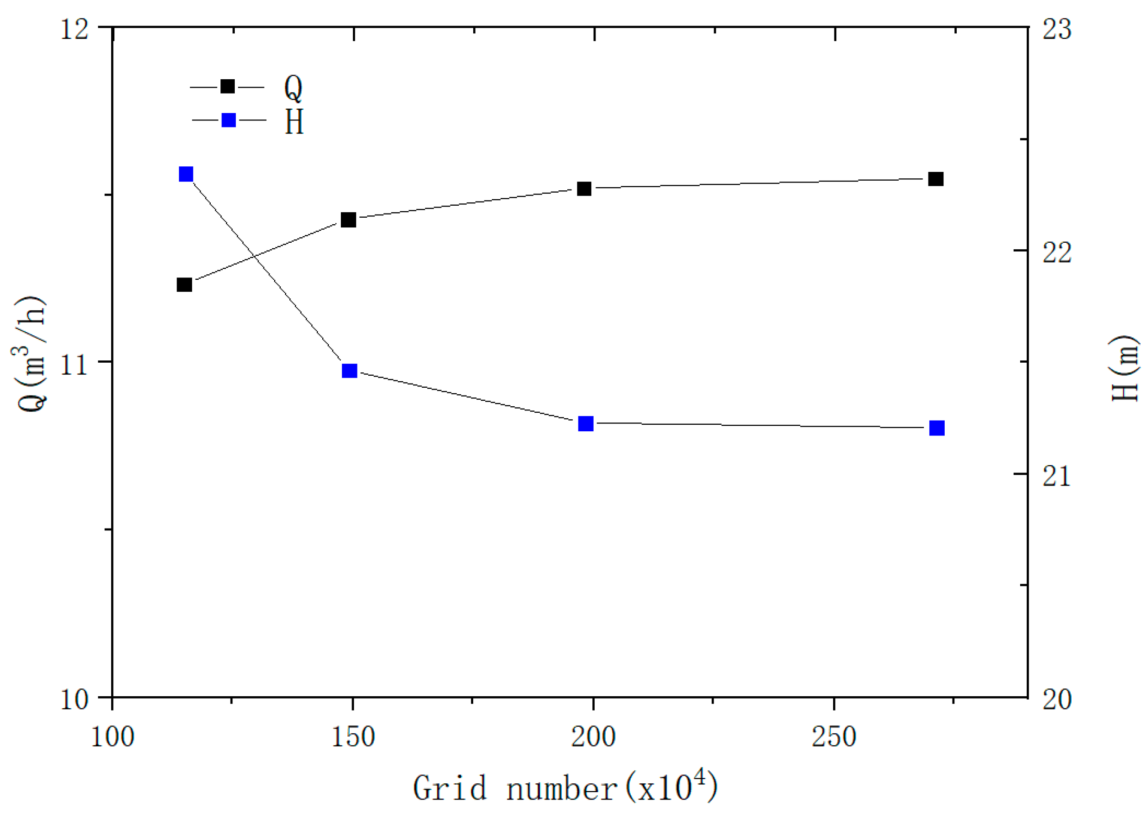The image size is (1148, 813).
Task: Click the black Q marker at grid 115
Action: point(185,284)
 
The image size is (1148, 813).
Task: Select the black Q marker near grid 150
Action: point(348,219)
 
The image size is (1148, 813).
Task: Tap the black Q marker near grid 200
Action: point(584,189)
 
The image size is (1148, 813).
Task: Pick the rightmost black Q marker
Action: point(936,179)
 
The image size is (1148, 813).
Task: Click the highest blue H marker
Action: point(186,174)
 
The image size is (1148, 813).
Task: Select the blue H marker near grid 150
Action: point(349,371)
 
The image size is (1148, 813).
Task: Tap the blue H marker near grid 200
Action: point(585,423)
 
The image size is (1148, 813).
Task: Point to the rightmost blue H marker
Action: point(937,428)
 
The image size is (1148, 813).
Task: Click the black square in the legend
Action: point(228,86)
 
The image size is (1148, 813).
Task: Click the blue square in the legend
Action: point(229,120)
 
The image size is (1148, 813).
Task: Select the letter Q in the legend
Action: point(293,88)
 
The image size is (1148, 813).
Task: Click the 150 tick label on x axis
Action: point(353,737)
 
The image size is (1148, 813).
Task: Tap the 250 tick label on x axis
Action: point(834,737)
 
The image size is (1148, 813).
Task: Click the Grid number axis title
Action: point(565,788)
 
